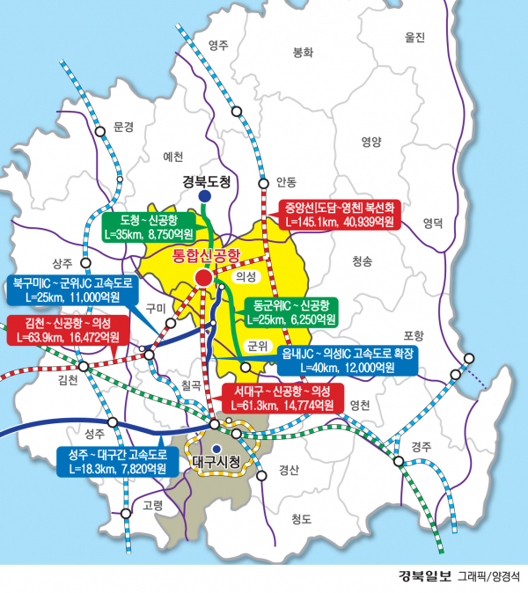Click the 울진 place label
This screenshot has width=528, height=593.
pos(414,37)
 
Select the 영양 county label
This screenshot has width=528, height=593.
pos(370,142)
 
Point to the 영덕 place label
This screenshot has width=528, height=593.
pos(432,223)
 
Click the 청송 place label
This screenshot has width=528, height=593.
pos(362,261)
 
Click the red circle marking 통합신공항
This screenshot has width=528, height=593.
pos(203,279)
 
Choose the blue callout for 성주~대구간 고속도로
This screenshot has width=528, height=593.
pos(116,461)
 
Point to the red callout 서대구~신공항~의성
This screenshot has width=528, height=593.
pos(278,398)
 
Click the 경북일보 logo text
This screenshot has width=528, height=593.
pos(424,577)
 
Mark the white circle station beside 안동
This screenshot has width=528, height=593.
pos(263,183)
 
